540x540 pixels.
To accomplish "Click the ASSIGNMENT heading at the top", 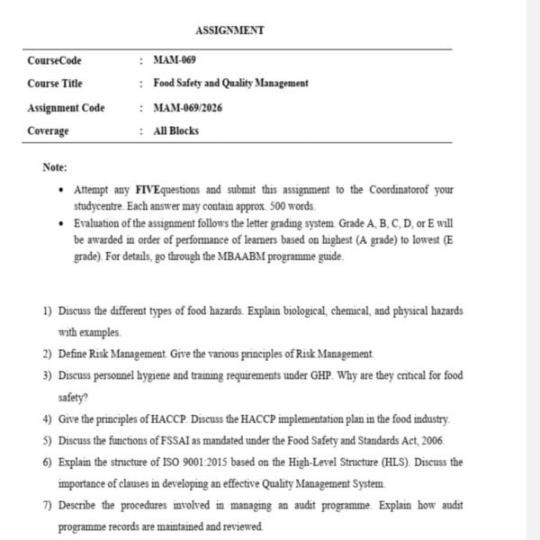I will (229, 31).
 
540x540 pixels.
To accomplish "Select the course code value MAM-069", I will (175, 60).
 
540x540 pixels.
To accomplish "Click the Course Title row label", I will (55, 84).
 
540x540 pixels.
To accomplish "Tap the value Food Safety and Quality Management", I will (231, 84).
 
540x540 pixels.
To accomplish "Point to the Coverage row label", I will (48, 131).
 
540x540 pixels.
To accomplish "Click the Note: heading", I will (55, 166).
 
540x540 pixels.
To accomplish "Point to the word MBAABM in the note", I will (237, 256).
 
